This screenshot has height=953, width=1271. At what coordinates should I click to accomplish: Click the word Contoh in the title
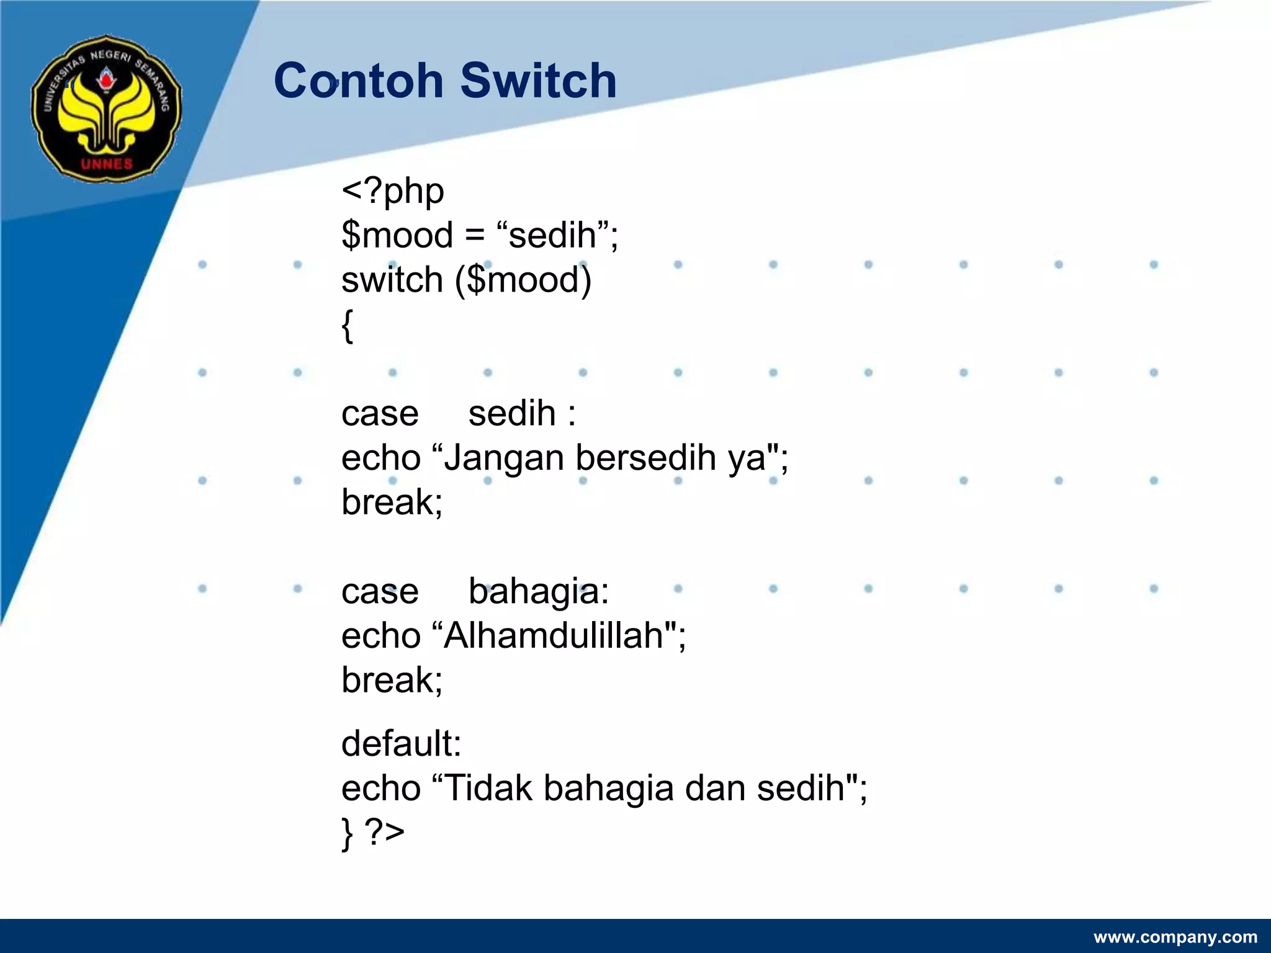click(358, 81)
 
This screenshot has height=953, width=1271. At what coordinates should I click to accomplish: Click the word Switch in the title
click(538, 81)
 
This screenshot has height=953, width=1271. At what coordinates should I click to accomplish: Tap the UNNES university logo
click(107, 109)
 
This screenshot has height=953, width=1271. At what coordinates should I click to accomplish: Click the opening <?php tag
click(392, 191)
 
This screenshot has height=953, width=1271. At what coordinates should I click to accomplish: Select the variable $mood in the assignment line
click(397, 236)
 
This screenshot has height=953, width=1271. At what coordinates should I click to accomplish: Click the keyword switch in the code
click(392, 280)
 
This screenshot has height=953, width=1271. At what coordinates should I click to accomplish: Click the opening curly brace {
click(348, 325)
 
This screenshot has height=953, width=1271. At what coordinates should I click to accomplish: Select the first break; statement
click(392, 502)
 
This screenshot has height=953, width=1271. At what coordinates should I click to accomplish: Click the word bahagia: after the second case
click(538, 592)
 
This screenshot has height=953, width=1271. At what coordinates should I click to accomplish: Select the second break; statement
click(392, 680)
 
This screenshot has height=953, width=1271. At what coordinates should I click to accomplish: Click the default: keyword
click(401, 743)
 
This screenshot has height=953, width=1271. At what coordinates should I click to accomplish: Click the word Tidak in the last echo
click(488, 788)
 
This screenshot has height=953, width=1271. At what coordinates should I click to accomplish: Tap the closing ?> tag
click(385, 831)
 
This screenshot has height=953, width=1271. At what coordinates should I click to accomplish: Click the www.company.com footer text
click(1175, 937)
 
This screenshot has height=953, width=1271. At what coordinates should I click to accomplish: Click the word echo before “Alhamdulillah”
click(380, 636)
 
